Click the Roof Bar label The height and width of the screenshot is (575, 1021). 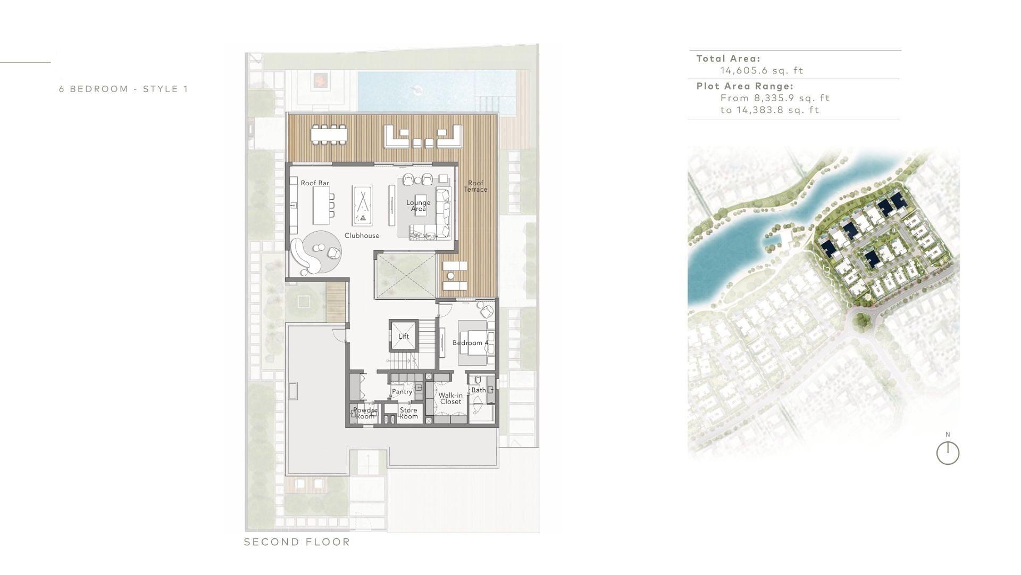click(x=315, y=183)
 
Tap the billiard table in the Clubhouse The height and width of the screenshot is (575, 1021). click(x=363, y=205)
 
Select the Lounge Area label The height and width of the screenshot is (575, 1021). click(x=419, y=206)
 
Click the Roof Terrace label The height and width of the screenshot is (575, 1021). click(x=475, y=186)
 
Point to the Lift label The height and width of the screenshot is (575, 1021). click(x=404, y=336)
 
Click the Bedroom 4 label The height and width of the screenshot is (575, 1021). click(x=471, y=343)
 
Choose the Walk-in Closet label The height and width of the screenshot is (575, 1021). click(x=450, y=398)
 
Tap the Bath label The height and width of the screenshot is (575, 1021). click(x=479, y=390)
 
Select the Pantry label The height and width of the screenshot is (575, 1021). click(x=402, y=392)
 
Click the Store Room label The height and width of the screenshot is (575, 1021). click(x=408, y=413)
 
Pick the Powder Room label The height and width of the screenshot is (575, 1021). click(x=365, y=413)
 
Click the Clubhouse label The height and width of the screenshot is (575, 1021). click(x=362, y=236)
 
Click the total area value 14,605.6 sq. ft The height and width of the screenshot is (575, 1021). click(x=761, y=71)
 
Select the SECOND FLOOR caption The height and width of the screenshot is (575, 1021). click(x=297, y=542)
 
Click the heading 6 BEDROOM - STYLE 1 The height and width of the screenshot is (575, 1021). click(x=123, y=89)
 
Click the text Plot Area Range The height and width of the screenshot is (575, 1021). click(x=744, y=86)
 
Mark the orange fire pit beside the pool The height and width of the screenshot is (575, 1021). click(x=320, y=80)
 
